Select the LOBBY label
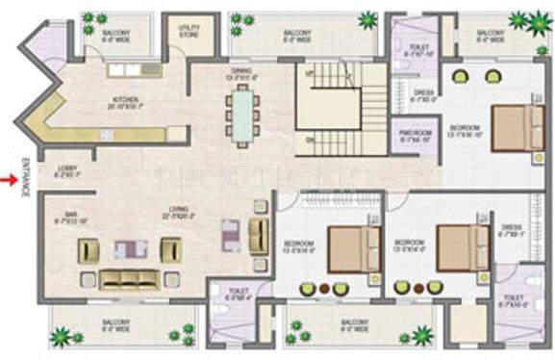[66, 170]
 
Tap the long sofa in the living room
[128, 278]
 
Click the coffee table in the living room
[130, 250]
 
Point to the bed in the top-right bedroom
[516, 128]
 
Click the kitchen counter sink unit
[135, 69]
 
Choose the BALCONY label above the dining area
[296, 36]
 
